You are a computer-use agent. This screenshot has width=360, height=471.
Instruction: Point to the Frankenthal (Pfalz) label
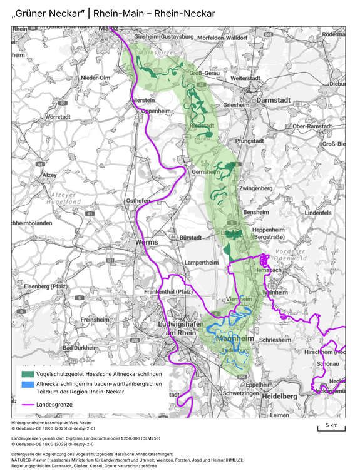pyautogui.click(x=168, y=292)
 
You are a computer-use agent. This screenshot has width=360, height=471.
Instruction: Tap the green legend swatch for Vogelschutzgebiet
pyautogui.click(x=27, y=373)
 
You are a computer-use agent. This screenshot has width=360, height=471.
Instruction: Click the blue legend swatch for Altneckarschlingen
pyautogui.click(x=27, y=384)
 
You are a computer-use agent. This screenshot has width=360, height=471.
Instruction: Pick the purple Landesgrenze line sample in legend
pyautogui.click(x=27, y=405)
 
